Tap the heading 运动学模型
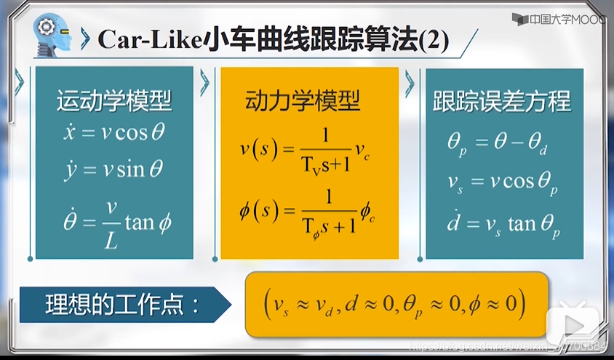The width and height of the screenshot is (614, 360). (114, 101)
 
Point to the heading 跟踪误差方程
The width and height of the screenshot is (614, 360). (502, 101)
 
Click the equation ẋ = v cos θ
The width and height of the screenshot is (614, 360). (114, 134)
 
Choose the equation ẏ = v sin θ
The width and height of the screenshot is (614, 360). (114, 169)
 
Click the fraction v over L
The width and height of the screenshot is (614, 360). (111, 221)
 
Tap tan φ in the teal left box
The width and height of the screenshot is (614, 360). (148, 221)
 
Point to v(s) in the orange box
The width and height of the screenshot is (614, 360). (258, 149)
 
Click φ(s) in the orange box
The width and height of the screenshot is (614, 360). (258, 212)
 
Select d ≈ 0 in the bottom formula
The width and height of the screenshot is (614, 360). (363, 303)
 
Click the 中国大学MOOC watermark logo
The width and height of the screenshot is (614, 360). (560, 19)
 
